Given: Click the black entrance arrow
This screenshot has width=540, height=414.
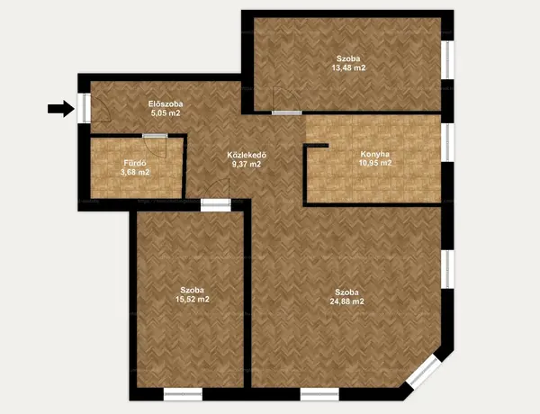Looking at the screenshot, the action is (61, 109).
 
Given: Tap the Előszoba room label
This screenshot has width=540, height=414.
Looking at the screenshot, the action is (166, 103).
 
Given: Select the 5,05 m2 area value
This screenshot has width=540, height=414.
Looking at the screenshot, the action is (166, 113).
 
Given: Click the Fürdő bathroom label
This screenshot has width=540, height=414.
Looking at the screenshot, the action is (135, 163).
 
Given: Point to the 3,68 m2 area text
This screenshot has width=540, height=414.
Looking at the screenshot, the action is (135, 172).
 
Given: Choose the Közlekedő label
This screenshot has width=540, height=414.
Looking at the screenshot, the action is (247, 156).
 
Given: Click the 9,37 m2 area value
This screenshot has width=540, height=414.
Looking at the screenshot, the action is (247, 165).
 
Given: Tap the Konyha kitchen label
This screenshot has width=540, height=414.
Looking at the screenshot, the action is (375, 154).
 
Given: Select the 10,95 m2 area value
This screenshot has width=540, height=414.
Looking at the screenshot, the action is (375, 163).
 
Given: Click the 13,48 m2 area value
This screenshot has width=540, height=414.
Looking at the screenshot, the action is (348, 67).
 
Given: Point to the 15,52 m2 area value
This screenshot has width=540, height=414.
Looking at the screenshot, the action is (193, 300).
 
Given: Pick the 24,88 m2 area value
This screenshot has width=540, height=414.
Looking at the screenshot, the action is (347, 301).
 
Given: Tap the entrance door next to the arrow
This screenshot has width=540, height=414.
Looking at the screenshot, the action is (84, 108).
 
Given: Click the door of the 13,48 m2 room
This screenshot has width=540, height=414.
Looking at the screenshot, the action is (286, 112).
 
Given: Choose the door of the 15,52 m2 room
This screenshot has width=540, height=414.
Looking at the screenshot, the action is (216, 205).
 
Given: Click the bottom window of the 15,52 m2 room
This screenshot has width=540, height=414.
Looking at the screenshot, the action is (183, 394).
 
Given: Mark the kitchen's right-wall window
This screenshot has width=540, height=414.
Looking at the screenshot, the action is (447, 142).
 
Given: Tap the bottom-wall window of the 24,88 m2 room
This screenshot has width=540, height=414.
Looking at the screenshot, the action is (319, 394).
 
